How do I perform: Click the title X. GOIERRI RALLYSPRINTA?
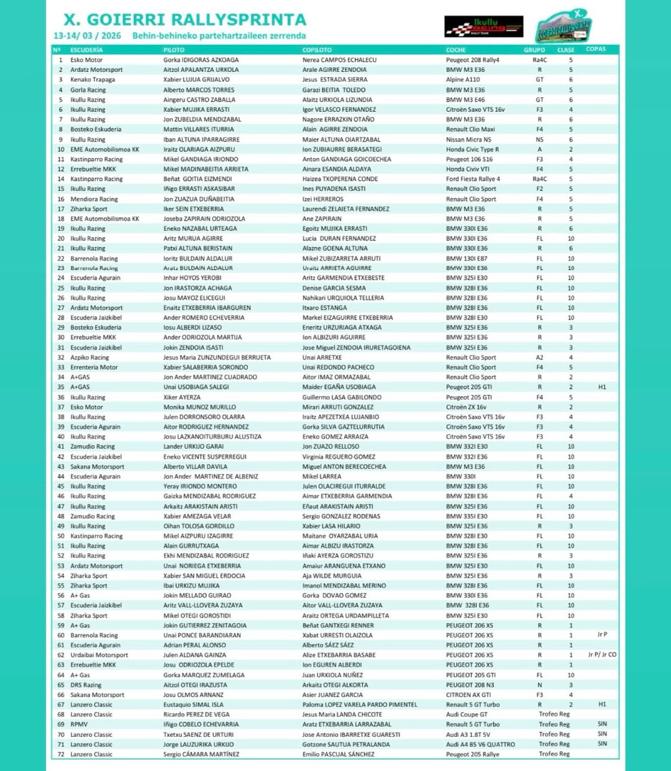pos(185,20)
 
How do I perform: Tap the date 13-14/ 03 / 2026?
pos(87,36)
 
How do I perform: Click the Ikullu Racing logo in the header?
pos(483,27)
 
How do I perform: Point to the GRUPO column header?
pos(534,50)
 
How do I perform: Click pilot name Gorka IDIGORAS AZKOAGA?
pos(201,60)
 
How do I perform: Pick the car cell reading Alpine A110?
pos(463,79)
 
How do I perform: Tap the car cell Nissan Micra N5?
pos(468,140)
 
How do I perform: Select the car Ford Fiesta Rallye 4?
pos(473,179)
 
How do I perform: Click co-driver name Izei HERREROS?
pos(323,199)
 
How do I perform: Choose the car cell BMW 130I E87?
pos(467,258)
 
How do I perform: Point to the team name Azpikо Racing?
pos(89,358)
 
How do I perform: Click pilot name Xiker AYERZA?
pos(182,397)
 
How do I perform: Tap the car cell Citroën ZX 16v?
pos(466,407)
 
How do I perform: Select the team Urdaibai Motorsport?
pos(99,655)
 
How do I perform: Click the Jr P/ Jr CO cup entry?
pos(602,655)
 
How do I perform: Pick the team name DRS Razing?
pos(86,685)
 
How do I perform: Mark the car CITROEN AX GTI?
pos(468,695)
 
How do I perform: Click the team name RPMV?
pos(79,724)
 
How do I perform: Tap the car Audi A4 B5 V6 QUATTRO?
pos(480,744)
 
